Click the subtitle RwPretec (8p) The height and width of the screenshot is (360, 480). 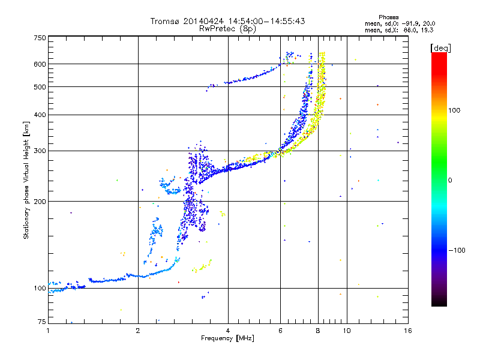coord(227,29)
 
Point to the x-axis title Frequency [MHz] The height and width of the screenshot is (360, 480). coord(227,338)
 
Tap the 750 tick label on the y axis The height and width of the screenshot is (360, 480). coord(40,38)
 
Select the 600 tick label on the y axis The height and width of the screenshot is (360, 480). coord(40,64)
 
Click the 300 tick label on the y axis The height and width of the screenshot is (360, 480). coord(40,151)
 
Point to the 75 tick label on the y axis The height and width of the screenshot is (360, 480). coord(42,322)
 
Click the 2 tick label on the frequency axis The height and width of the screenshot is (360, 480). coord(138,331)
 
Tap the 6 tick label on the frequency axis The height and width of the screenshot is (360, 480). coord(280,331)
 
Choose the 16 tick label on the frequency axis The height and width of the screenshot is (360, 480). coord(408,331)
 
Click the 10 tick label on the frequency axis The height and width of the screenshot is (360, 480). coord(347,331)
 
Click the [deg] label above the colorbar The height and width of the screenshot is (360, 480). coord(440,48)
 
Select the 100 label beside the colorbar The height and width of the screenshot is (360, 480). coord(454,110)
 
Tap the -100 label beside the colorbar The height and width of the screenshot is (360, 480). coord(457,250)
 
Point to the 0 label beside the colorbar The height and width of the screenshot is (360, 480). coord(450,180)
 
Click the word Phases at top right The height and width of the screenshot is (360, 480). coord(388,17)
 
